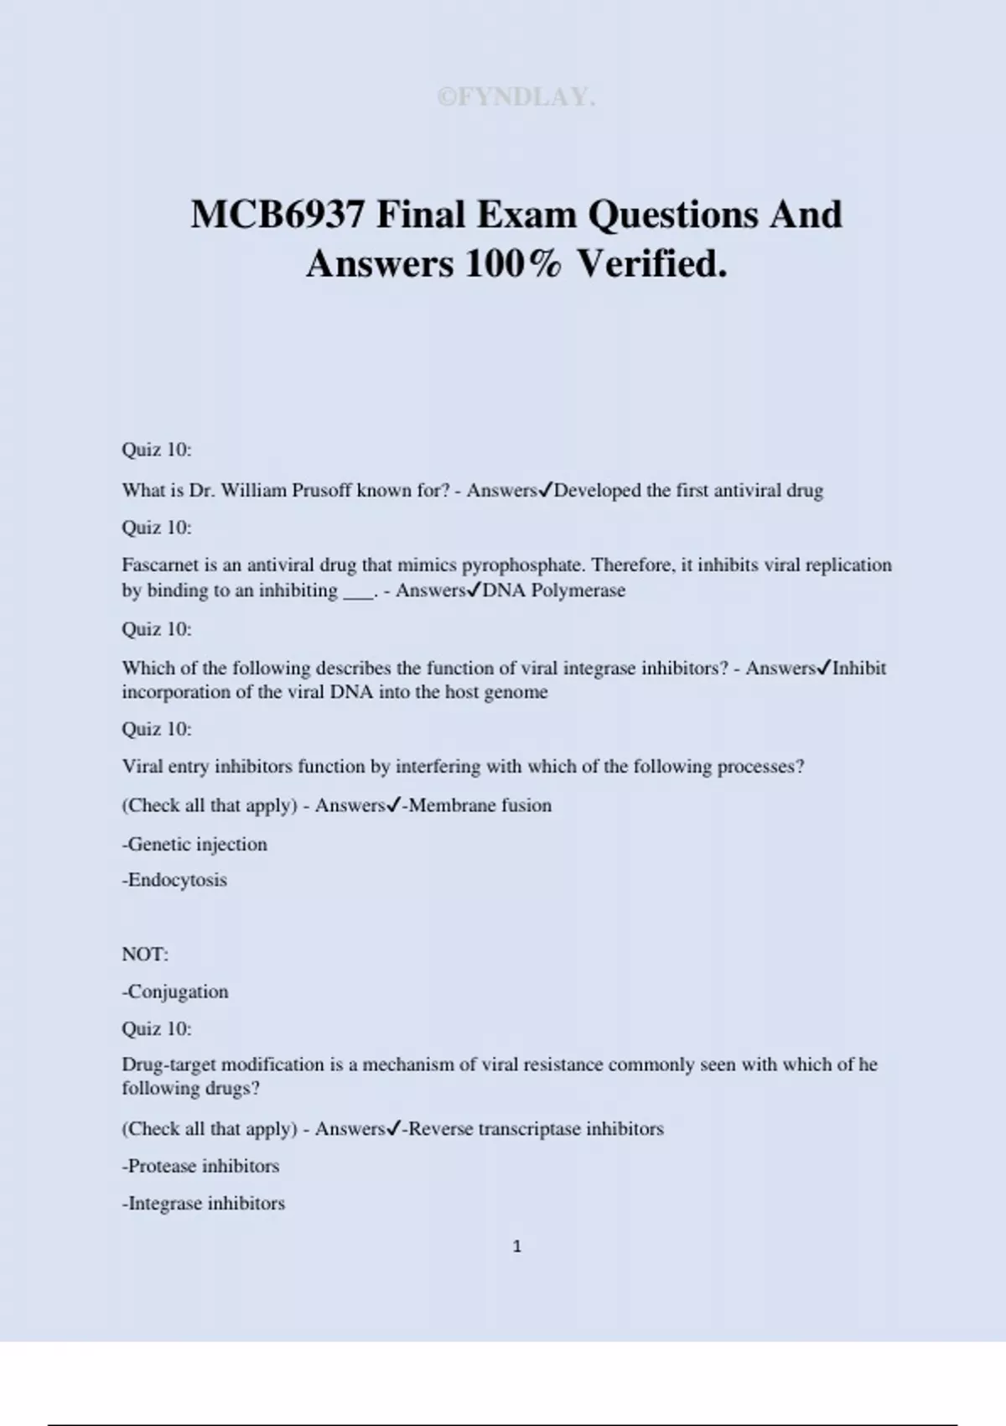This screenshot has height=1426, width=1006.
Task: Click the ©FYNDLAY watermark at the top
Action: tap(516, 97)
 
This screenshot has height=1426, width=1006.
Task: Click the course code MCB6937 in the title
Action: tap(277, 215)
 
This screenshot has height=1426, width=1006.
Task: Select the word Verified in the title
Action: tap(652, 264)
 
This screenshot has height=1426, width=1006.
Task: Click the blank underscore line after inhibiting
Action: tap(360, 594)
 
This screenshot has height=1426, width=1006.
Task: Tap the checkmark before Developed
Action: tap(545, 490)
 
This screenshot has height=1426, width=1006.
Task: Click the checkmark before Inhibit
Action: tap(824, 668)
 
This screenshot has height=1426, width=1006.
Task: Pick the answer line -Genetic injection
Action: tap(194, 845)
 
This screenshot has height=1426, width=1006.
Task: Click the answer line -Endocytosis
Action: tap(174, 880)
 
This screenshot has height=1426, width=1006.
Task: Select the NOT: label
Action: tap(145, 955)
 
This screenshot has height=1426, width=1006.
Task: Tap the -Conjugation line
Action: tap(175, 991)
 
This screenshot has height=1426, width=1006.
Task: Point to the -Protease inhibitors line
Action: tap(200, 1166)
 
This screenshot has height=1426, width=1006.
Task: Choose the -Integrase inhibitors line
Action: tap(204, 1204)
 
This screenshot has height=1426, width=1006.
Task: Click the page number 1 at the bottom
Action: tap(516, 1246)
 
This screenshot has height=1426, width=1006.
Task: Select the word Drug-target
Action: tap(168, 1064)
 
